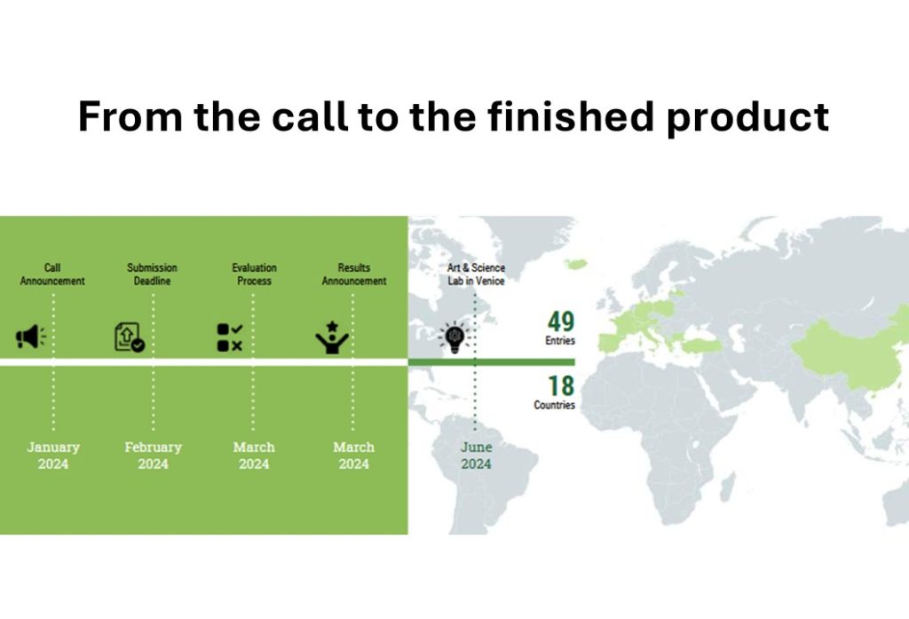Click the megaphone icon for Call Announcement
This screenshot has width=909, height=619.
[31, 337]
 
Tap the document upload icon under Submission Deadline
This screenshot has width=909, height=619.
[130, 337]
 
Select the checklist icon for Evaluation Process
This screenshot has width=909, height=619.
[230, 337]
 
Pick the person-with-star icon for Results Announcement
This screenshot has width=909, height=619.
[332, 337]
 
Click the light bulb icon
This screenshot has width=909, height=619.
[455, 337]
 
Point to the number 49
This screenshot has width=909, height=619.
[561, 321]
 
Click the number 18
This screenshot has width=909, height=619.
[561, 385]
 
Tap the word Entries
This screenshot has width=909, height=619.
[559, 340]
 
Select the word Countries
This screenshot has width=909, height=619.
[554, 405]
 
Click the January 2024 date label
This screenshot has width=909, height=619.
[53, 456]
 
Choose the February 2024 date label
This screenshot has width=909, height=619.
[153, 456]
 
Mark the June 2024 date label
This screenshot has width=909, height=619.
[476, 456]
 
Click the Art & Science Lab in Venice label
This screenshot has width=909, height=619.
[476, 274]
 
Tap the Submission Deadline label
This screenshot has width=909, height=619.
[153, 274]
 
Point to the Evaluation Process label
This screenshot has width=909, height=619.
[254, 274]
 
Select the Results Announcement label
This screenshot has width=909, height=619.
[353, 274]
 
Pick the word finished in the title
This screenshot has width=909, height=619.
[571, 116]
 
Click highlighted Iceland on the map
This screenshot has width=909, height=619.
[576, 264]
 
